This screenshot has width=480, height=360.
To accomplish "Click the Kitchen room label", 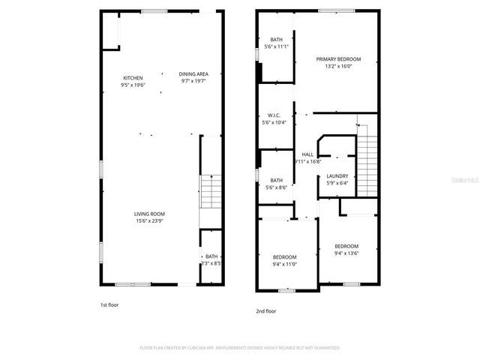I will pyautogui.click(x=133, y=78).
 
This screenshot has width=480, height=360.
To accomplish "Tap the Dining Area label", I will pyautogui.click(x=193, y=73).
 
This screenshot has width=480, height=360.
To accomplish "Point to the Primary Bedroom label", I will pyautogui.click(x=338, y=59).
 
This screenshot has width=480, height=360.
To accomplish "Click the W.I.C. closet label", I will pyautogui.click(x=274, y=115).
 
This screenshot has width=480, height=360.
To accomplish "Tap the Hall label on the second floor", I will pyautogui.click(x=307, y=154).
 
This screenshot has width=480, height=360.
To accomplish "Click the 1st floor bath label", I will pyautogui.click(x=211, y=256).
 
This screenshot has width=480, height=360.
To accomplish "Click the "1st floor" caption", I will pyautogui.click(x=109, y=305).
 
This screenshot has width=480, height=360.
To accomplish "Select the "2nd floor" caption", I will pyautogui.click(x=266, y=310).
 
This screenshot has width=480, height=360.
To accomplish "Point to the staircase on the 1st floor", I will pyautogui.click(x=211, y=191).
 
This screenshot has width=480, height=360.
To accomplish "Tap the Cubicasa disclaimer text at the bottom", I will pyautogui.click(x=240, y=348).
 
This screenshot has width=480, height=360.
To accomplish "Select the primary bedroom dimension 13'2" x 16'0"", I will pyautogui.click(x=338, y=66).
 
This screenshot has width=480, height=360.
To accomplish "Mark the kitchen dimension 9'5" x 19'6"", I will pyautogui.click(x=133, y=85).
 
